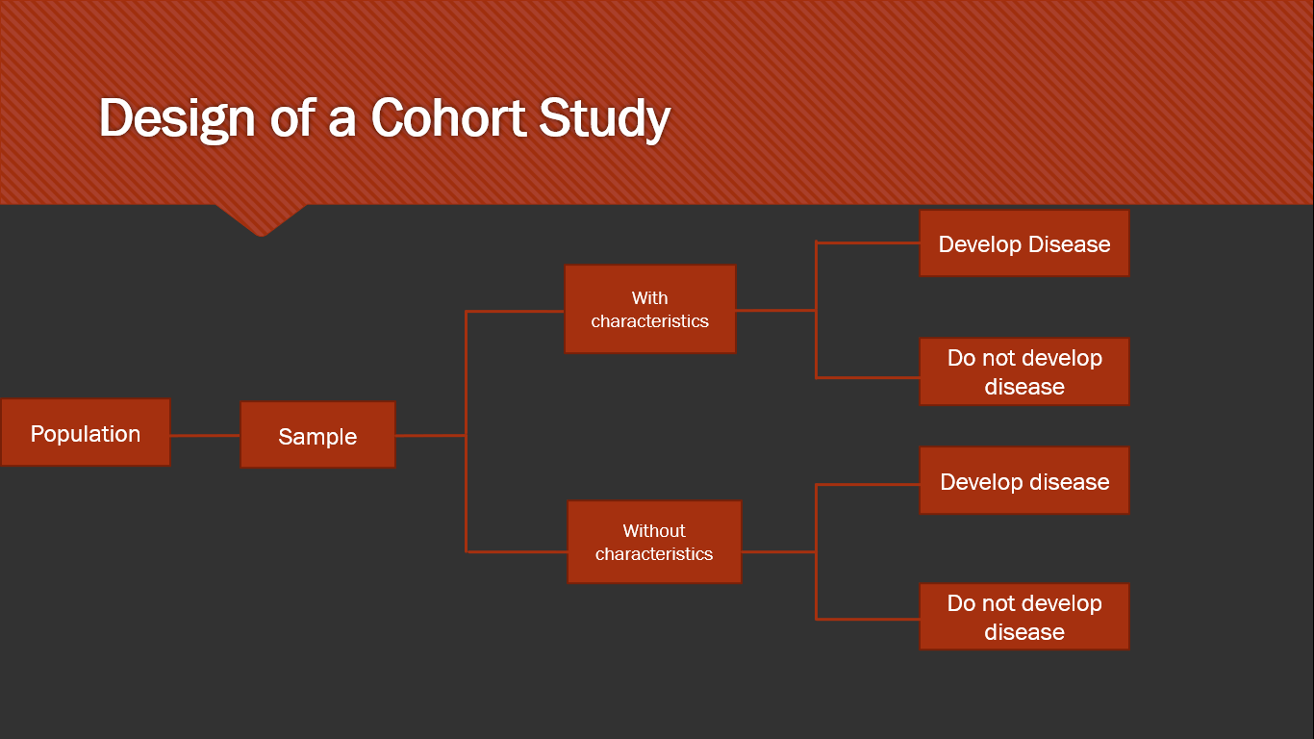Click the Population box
point(86,433)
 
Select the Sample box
point(317,435)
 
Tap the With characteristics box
point(649,309)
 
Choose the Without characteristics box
point(654,542)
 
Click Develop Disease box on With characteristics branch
point(1023,243)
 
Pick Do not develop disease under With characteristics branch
point(1023,371)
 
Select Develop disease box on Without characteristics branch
point(1023,481)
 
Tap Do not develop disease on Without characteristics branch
point(1023,617)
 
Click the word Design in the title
point(176,118)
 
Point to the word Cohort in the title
point(448,118)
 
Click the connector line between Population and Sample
point(205,435)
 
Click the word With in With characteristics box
point(649,298)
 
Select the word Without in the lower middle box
point(654,531)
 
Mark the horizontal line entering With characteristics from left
point(515,311)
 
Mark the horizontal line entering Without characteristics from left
point(517,551)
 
